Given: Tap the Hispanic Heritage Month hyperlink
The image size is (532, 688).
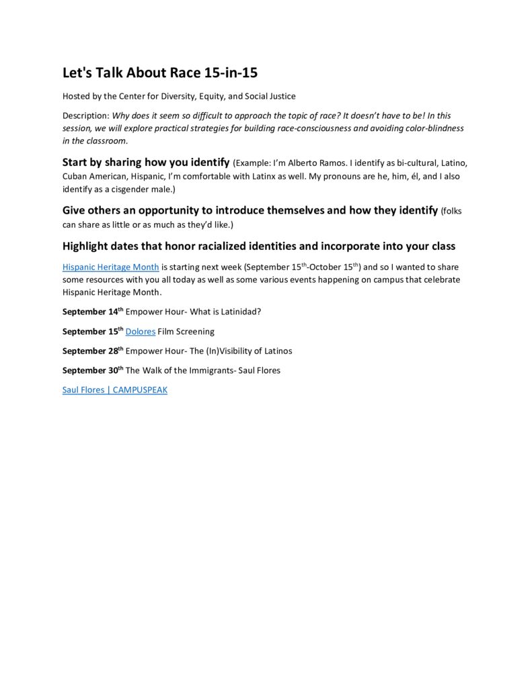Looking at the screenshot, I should (110, 267).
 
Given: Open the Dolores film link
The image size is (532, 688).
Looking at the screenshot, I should (141, 331).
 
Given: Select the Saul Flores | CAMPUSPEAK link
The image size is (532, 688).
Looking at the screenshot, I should (114, 390).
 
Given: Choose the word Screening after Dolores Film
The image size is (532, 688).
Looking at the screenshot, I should (195, 331).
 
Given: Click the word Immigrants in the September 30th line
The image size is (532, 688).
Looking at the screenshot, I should (202, 370).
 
